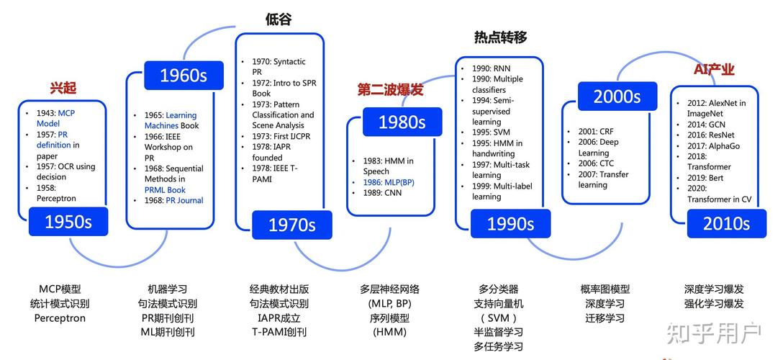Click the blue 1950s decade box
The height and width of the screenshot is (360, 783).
coord(68,222)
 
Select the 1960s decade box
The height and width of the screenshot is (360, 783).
coord(183,75)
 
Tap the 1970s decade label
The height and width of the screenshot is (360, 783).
coord(291,225)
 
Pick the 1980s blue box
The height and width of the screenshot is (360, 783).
coord(402,122)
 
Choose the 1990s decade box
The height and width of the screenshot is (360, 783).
coord(510,224)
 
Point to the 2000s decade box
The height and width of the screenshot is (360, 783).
coord(617,96)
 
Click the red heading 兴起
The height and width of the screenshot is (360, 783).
coord(63,88)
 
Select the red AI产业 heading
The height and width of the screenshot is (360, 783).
coord(714,69)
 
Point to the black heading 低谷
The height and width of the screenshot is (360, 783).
coord(279,19)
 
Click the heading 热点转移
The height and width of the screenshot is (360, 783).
coord(500,37)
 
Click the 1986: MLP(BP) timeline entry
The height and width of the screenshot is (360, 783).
coord(388,182)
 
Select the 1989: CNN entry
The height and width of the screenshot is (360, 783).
coord(383,193)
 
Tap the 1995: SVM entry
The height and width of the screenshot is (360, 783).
coord(491,132)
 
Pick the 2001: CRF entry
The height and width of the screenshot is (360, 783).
coord(596,132)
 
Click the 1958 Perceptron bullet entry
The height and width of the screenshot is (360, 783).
coord(56,193)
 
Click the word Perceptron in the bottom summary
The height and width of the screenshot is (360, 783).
coord(60,318)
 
